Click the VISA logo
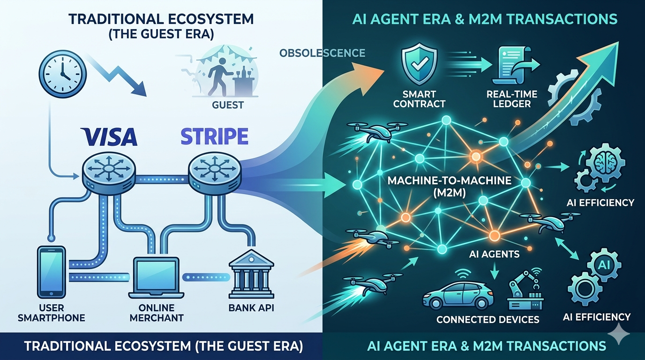pyautogui.click(x=109, y=136)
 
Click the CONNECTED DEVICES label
pyautogui.click(x=487, y=320)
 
